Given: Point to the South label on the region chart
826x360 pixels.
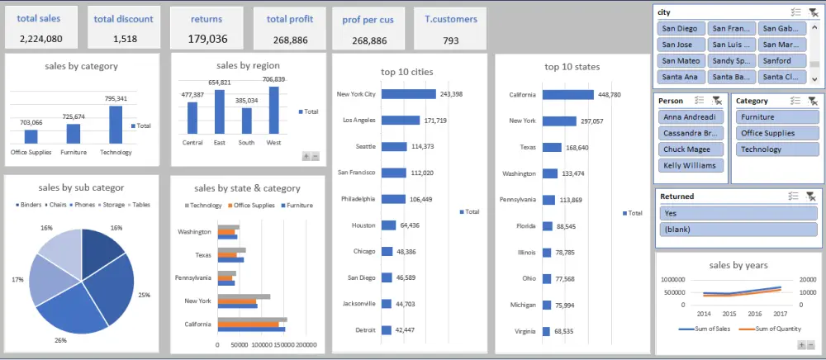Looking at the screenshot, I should tap(245, 141).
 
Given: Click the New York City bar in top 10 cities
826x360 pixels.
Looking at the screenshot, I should tap(408, 94).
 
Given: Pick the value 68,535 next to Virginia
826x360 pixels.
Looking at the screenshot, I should tap(565, 331).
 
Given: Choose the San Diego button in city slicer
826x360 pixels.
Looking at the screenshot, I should tap(681, 28).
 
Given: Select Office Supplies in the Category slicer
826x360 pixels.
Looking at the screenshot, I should tap(768, 134).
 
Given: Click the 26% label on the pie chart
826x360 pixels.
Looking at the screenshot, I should tap(60, 339).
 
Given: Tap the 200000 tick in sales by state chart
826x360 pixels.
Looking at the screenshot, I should tap(306, 345).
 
